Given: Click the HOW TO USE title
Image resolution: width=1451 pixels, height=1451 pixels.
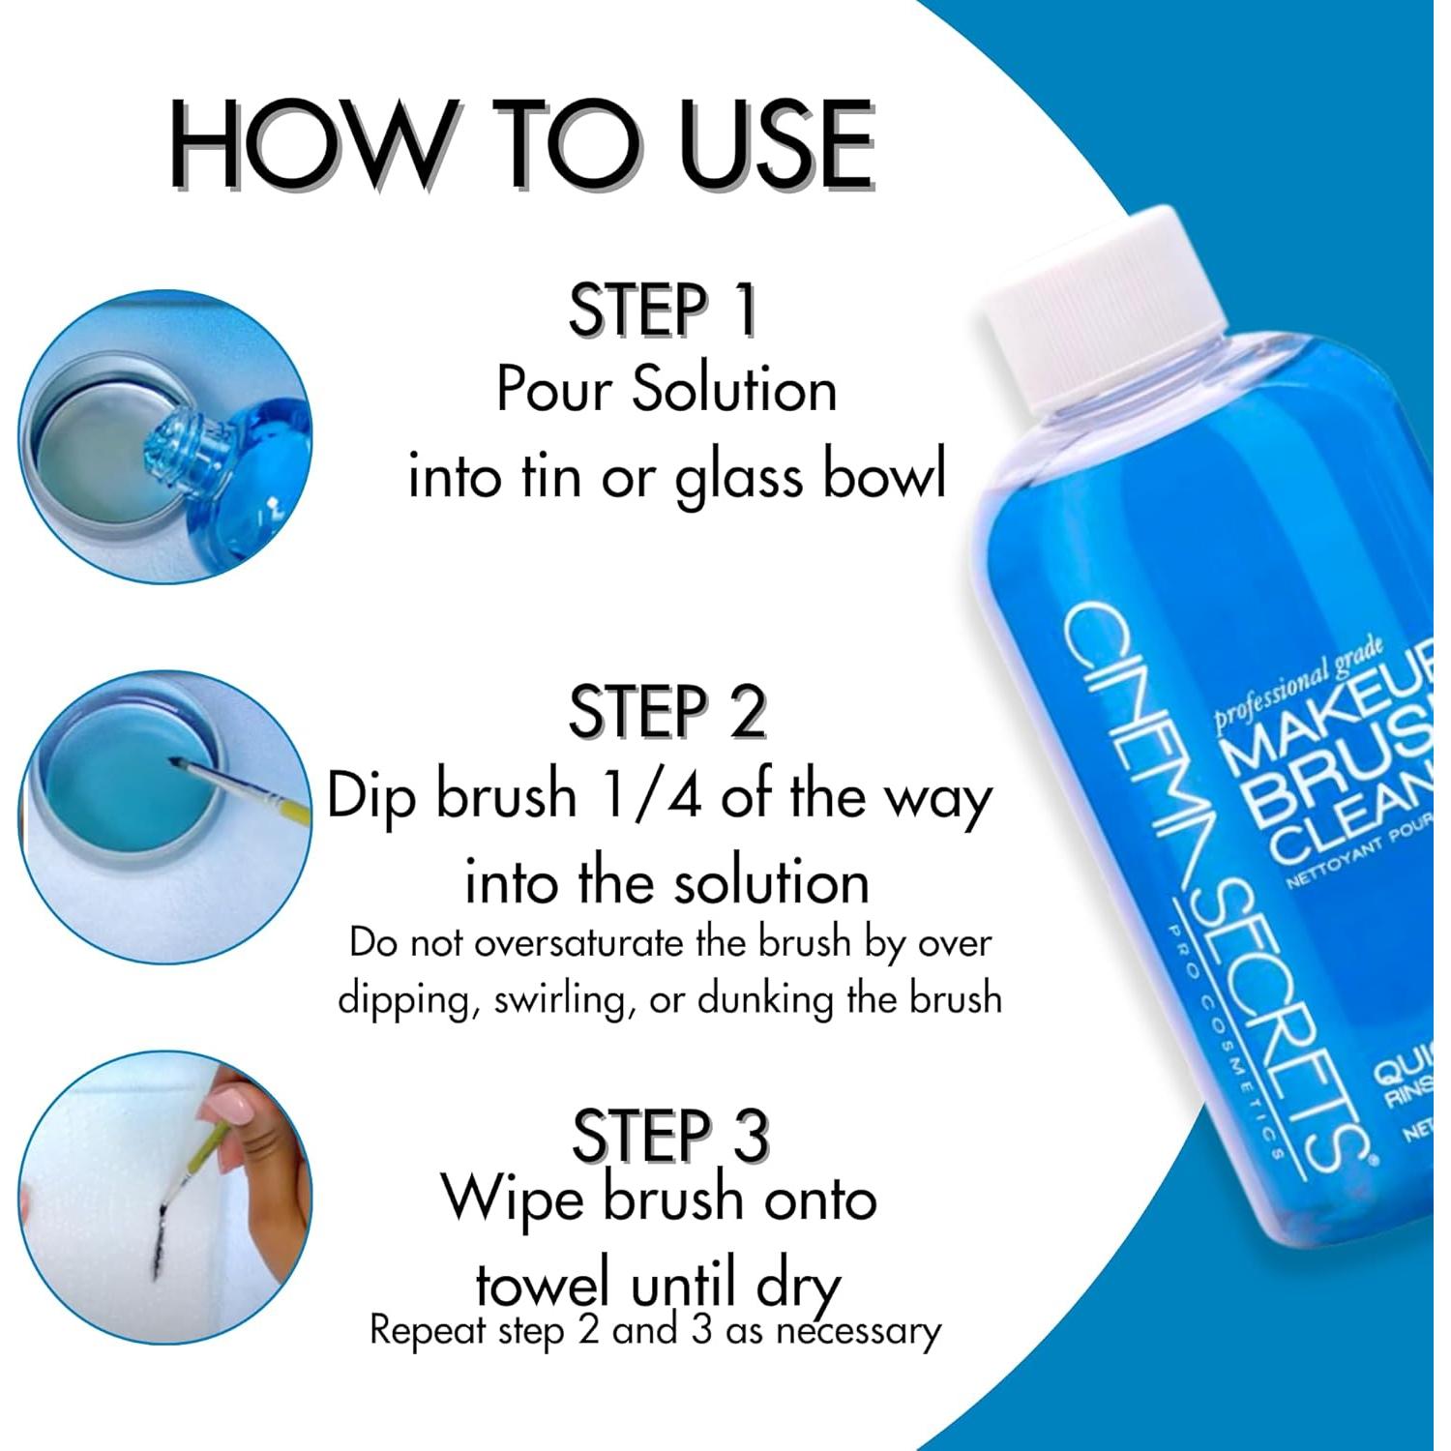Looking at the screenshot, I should coord(522,145).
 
